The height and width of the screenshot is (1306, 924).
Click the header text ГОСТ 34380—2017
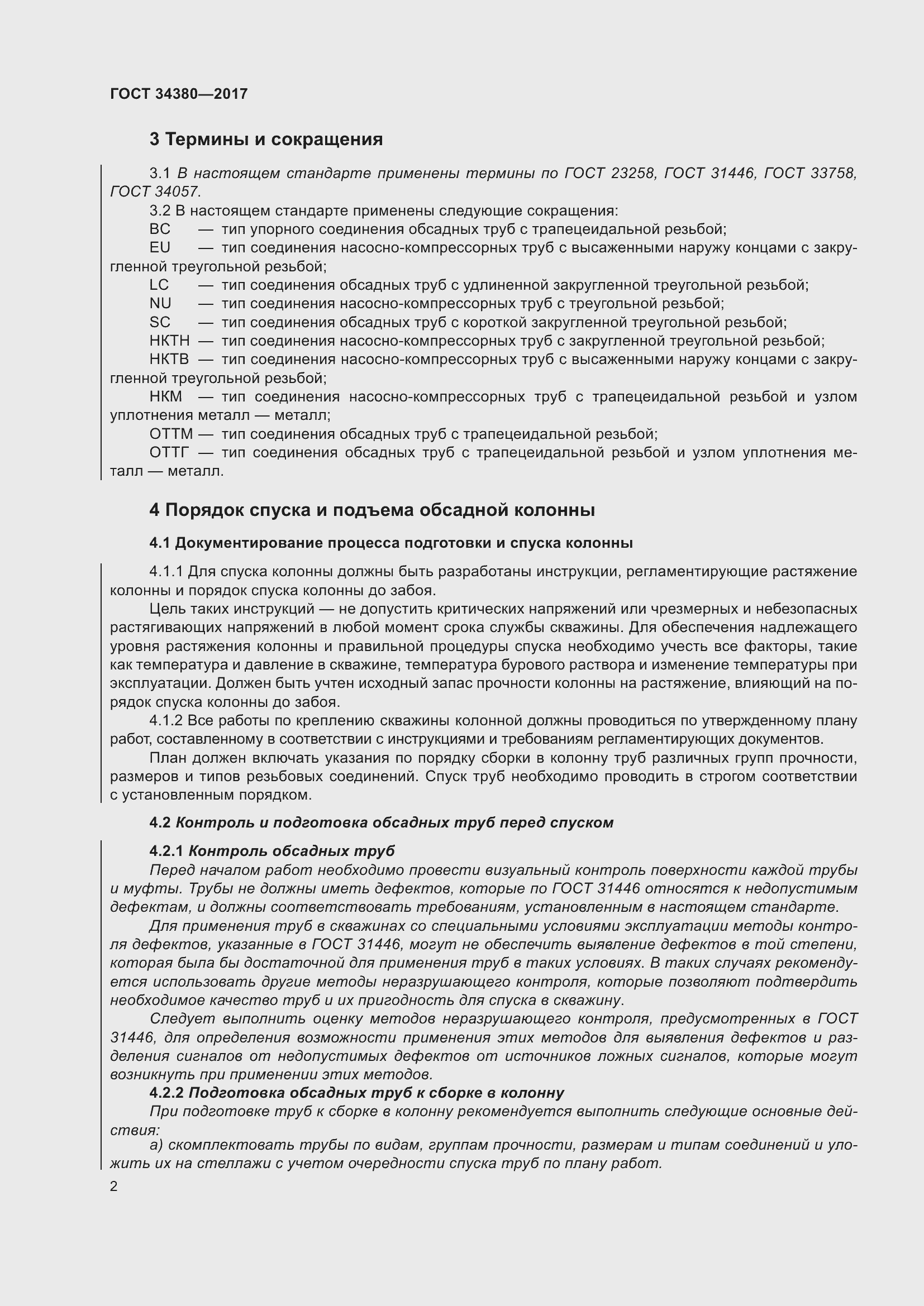point(179,94)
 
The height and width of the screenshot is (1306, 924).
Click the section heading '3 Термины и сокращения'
point(266,140)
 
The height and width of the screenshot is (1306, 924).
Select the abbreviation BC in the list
point(160,229)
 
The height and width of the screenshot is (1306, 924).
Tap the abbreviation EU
point(160,248)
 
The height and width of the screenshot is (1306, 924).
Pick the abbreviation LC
point(159,285)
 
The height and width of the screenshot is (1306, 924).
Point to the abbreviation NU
point(160,304)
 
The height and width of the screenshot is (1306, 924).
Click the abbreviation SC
point(160,323)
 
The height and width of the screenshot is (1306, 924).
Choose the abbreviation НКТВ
point(169,360)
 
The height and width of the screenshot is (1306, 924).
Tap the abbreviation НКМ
point(165,396)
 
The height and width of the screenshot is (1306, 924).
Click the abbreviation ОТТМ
point(172,434)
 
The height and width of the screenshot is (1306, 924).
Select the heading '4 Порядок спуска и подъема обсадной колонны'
point(371,510)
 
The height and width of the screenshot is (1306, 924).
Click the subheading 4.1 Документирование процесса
point(390,543)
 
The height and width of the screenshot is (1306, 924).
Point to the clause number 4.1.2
point(165,721)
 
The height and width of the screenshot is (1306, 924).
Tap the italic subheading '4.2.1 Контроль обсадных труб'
point(272,851)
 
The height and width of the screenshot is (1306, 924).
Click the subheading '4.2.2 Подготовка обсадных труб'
point(357,1093)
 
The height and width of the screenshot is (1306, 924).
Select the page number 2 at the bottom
point(114,1187)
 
